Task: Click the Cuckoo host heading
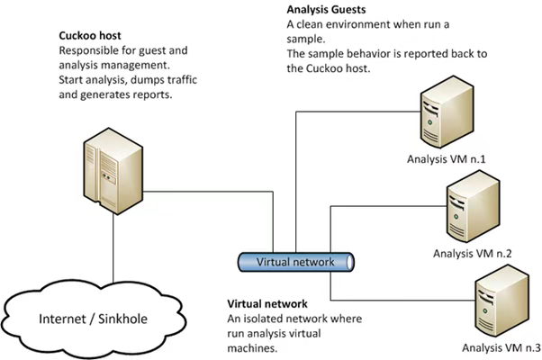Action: [x=90, y=36]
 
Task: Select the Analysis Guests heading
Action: [x=326, y=9]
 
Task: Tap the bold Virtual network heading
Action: [x=267, y=303]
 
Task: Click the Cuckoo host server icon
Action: [x=113, y=171]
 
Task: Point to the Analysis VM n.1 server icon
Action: [x=447, y=112]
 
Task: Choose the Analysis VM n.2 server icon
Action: [x=473, y=206]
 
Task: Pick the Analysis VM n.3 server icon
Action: [x=501, y=301]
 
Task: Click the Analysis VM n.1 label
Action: [x=446, y=159]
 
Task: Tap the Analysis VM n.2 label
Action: [x=472, y=253]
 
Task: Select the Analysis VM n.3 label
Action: [x=501, y=347]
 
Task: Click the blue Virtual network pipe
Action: [x=296, y=262]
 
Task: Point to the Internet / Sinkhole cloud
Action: [x=94, y=319]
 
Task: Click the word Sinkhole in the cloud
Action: [x=122, y=319]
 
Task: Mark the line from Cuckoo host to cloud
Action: [x=113, y=247]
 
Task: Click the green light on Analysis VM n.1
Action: [x=430, y=122]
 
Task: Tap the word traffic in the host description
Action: [x=182, y=80]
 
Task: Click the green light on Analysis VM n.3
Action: [x=485, y=310]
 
